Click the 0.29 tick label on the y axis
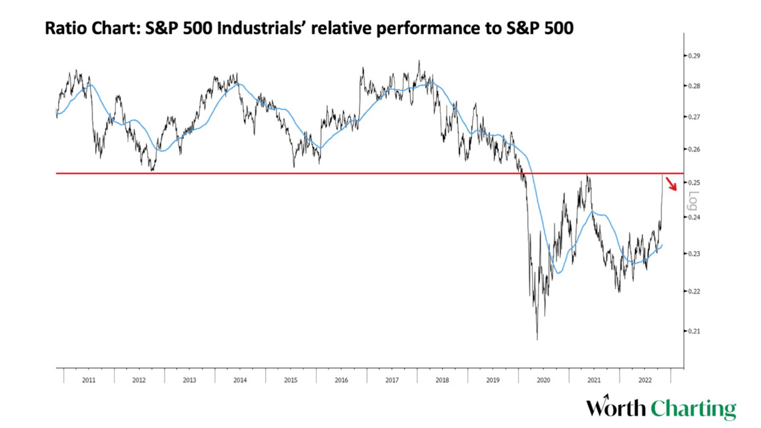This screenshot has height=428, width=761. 693,56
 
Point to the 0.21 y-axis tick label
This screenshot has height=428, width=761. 693,331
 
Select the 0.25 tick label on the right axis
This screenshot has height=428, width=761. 693,182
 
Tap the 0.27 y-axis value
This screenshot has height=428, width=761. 693,117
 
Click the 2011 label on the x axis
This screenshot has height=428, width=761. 89,380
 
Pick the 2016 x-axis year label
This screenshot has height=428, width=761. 341,380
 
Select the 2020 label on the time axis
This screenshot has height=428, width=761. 543,380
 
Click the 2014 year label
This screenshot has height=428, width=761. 240,380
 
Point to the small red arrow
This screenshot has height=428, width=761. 671,184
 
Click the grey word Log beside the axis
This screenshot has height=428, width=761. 692,202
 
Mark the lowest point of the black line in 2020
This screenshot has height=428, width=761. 537,339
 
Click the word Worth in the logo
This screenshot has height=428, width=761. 616,408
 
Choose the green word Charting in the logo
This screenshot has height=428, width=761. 693,409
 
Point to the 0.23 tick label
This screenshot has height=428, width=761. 693,254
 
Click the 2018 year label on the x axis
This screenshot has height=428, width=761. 442,380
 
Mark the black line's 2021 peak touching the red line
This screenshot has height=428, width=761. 587,175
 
